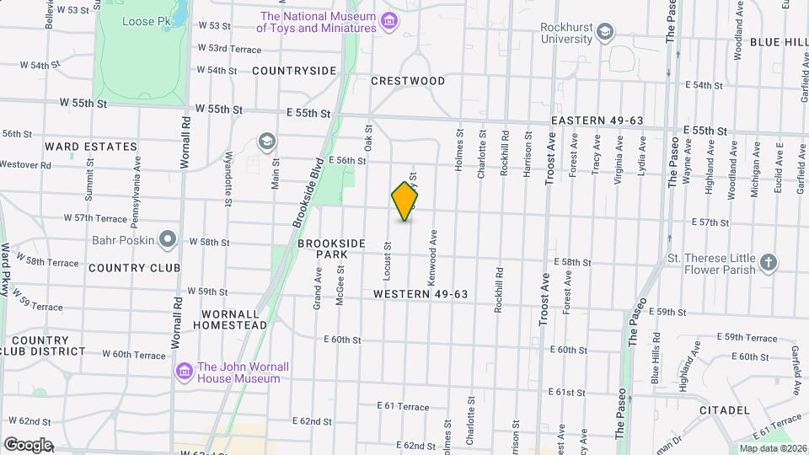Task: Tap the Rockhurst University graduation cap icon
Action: pos(604,33)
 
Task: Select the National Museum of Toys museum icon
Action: pos(388,20)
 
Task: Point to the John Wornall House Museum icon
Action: pos(185,372)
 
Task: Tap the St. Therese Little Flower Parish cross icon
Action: pos(768,263)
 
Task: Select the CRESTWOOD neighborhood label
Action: pos(408,81)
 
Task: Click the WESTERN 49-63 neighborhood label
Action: pos(421,294)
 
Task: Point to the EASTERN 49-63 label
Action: pos(597,121)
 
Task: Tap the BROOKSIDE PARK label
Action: pos(331,249)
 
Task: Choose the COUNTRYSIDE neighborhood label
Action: pos(294,71)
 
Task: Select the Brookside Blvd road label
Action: pos(309,193)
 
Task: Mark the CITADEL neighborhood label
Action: pos(724,410)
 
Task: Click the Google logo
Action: pos(27,445)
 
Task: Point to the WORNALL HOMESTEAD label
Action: pos(234,318)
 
